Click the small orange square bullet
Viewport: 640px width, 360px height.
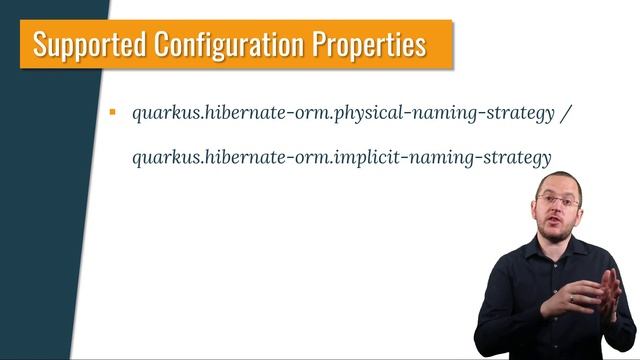coord(113,112)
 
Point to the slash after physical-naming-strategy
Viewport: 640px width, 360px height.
coord(566,113)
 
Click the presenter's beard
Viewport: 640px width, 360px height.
coord(558,236)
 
